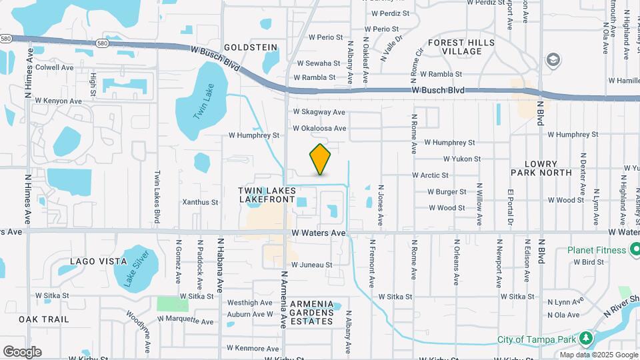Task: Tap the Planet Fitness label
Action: (597, 250)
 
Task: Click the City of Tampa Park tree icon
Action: (586, 339)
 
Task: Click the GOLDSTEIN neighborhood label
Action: (250, 47)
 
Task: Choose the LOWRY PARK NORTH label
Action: (541, 167)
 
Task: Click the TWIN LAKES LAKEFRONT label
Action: (267, 195)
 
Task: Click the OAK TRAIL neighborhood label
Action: (44, 319)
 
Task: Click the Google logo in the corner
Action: (22, 351)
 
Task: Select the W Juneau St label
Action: (311, 265)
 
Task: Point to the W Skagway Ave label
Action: (319, 112)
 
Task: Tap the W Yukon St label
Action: (462, 159)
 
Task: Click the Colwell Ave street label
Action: (55, 67)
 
